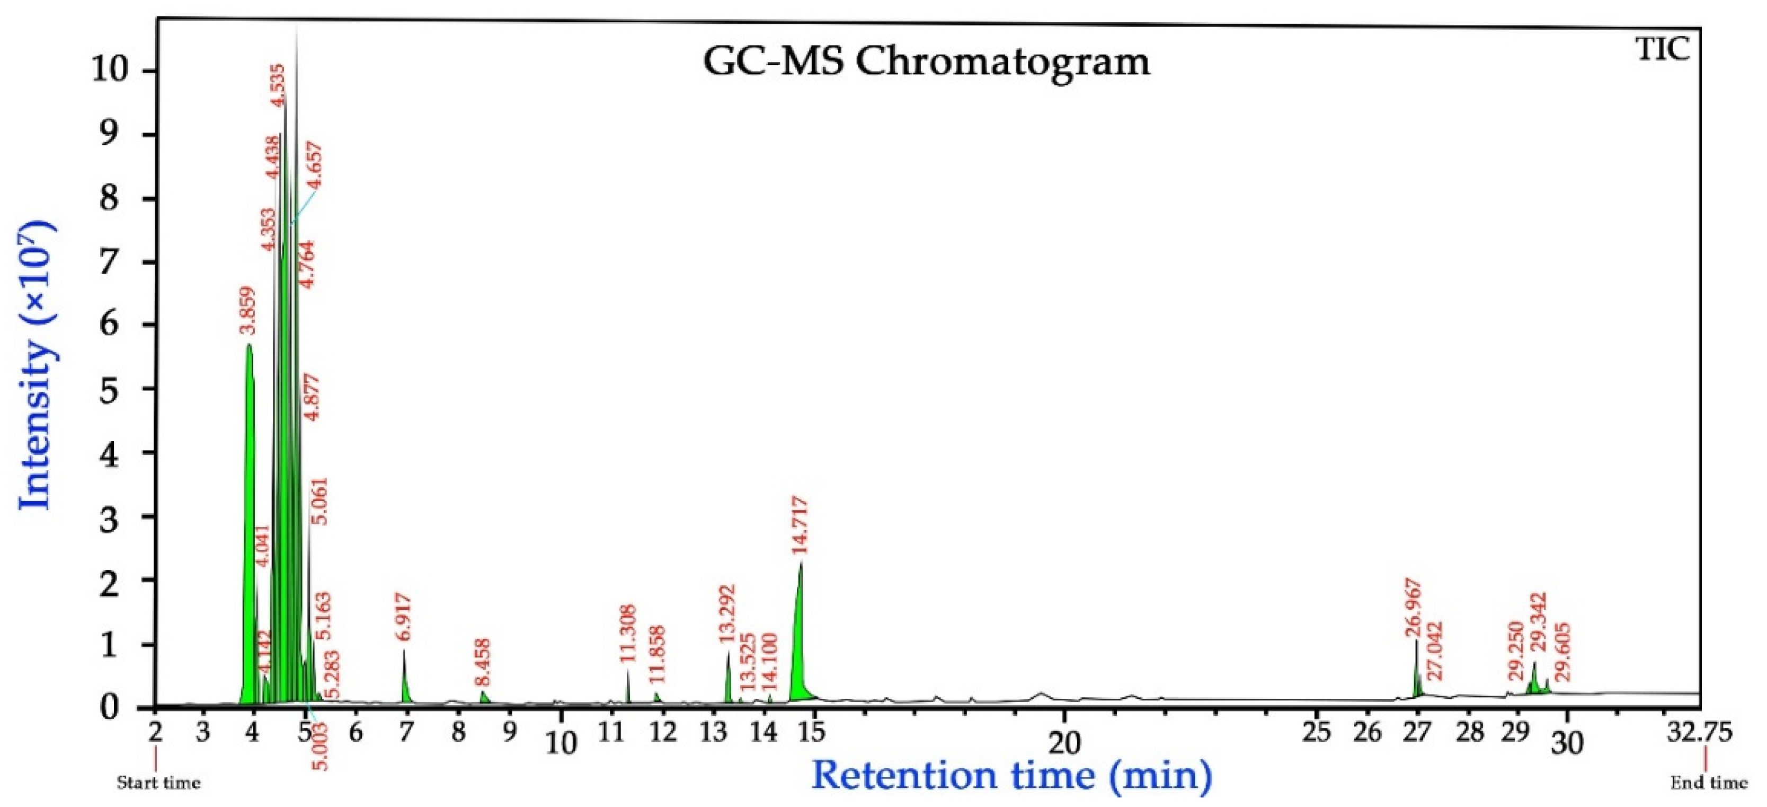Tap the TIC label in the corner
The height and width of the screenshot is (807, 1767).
click(1664, 49)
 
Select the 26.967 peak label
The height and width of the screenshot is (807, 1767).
click(1413, 609)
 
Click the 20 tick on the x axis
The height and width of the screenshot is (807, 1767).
click(1063, 742)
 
